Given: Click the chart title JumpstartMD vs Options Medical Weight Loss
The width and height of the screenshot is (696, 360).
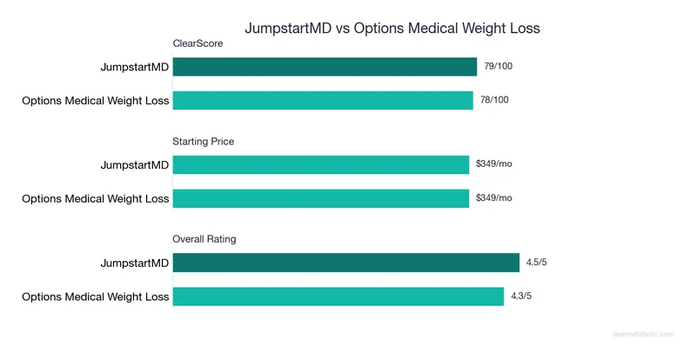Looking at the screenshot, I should tap(391, 28).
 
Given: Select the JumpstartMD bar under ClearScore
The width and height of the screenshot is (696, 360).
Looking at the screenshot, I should tap(325, 67).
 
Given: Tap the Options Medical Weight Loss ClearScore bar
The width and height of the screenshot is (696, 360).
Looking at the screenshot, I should tap(323, 101).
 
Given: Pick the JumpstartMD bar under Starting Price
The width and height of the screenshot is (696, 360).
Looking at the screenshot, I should tap(321, 164).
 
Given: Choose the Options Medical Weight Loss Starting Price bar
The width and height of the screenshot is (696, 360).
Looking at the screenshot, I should tap(321, 198).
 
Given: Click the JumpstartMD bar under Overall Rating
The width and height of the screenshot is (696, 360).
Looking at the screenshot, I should tap(345, 263).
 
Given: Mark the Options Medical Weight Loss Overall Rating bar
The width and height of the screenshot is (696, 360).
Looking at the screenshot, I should tap(338, 297).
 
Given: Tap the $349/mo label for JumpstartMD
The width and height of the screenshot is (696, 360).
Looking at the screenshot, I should tap(494, 163).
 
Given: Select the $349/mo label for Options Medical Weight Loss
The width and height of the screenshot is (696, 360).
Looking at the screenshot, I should tap(494, 197).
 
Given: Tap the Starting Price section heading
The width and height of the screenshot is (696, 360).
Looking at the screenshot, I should tap(204, 141).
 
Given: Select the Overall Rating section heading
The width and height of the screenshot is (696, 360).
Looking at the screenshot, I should tap(204, 238).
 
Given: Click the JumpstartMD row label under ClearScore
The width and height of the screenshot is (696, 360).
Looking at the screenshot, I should tap(135, 67).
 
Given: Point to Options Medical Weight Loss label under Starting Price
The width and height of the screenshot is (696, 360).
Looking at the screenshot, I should tap(96, 198).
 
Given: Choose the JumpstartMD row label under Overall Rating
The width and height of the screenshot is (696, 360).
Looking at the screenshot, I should tap(135, 263).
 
